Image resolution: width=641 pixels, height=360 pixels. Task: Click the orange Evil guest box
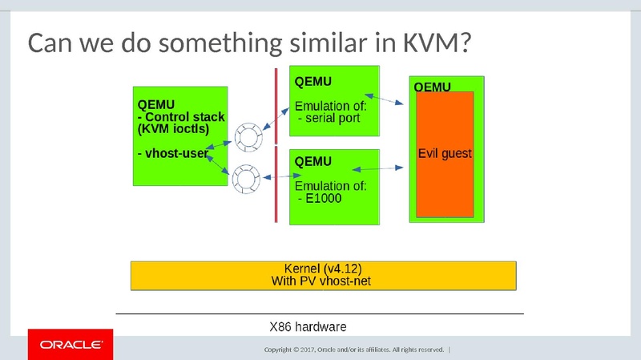pos(445,154)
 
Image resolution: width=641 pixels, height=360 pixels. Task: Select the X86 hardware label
pos(308,326)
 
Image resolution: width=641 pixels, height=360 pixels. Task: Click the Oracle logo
pos(71,345)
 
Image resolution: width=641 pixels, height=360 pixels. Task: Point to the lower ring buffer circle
pos(246,179)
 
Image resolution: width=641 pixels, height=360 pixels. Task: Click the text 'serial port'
pos(331,119)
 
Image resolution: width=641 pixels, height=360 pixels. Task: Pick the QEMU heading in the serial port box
pos(313,81)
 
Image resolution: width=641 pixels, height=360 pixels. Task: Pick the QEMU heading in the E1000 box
pos(313,161)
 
